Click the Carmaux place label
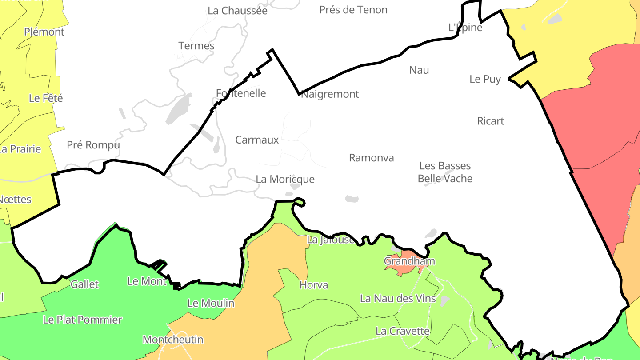click(x=257, y=140)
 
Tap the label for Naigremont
click(x=330, y=94)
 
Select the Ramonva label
click(x=371, y=158)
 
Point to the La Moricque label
click(x=285, y=179)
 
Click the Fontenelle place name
click(x=241, y=93)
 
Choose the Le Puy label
click(x=485, y=79)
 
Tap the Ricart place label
click(x=490, y=121)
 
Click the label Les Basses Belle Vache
click(x=445, y=172)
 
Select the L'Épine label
click(x=465, y=28)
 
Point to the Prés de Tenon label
click(x=353, y=10)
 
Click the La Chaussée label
click(x=237, y=11)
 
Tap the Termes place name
click(x=196, y=46)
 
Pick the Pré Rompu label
click(x=93, y=145)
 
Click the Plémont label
click(x=44, y=32)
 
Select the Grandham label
click(x=409, y=261)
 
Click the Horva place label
click(x=314, y=285)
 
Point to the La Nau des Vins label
click(x=398, y=298)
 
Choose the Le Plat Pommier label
click(x=82, y=320)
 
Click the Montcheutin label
click(x=173, y=340)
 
